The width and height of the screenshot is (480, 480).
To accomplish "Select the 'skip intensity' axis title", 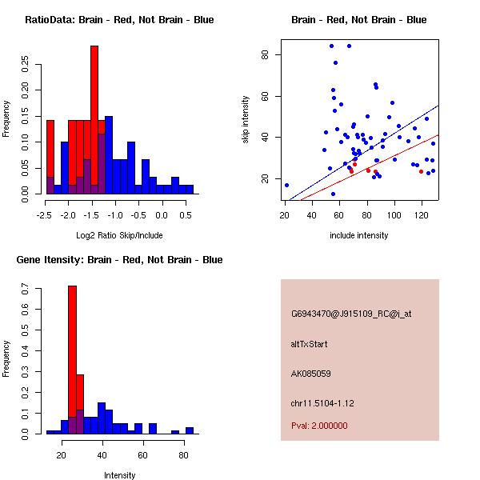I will (246, 120).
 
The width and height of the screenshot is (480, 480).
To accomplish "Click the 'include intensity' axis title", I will (359, 235).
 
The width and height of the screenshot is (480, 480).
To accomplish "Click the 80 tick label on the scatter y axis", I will (265, 54).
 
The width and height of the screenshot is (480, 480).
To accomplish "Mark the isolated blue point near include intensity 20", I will (286, 185).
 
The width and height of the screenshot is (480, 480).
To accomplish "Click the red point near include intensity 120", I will (421, 171).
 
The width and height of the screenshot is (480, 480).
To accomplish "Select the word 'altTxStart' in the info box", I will (310, 344).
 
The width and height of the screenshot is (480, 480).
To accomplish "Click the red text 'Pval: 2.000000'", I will (319, 426).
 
